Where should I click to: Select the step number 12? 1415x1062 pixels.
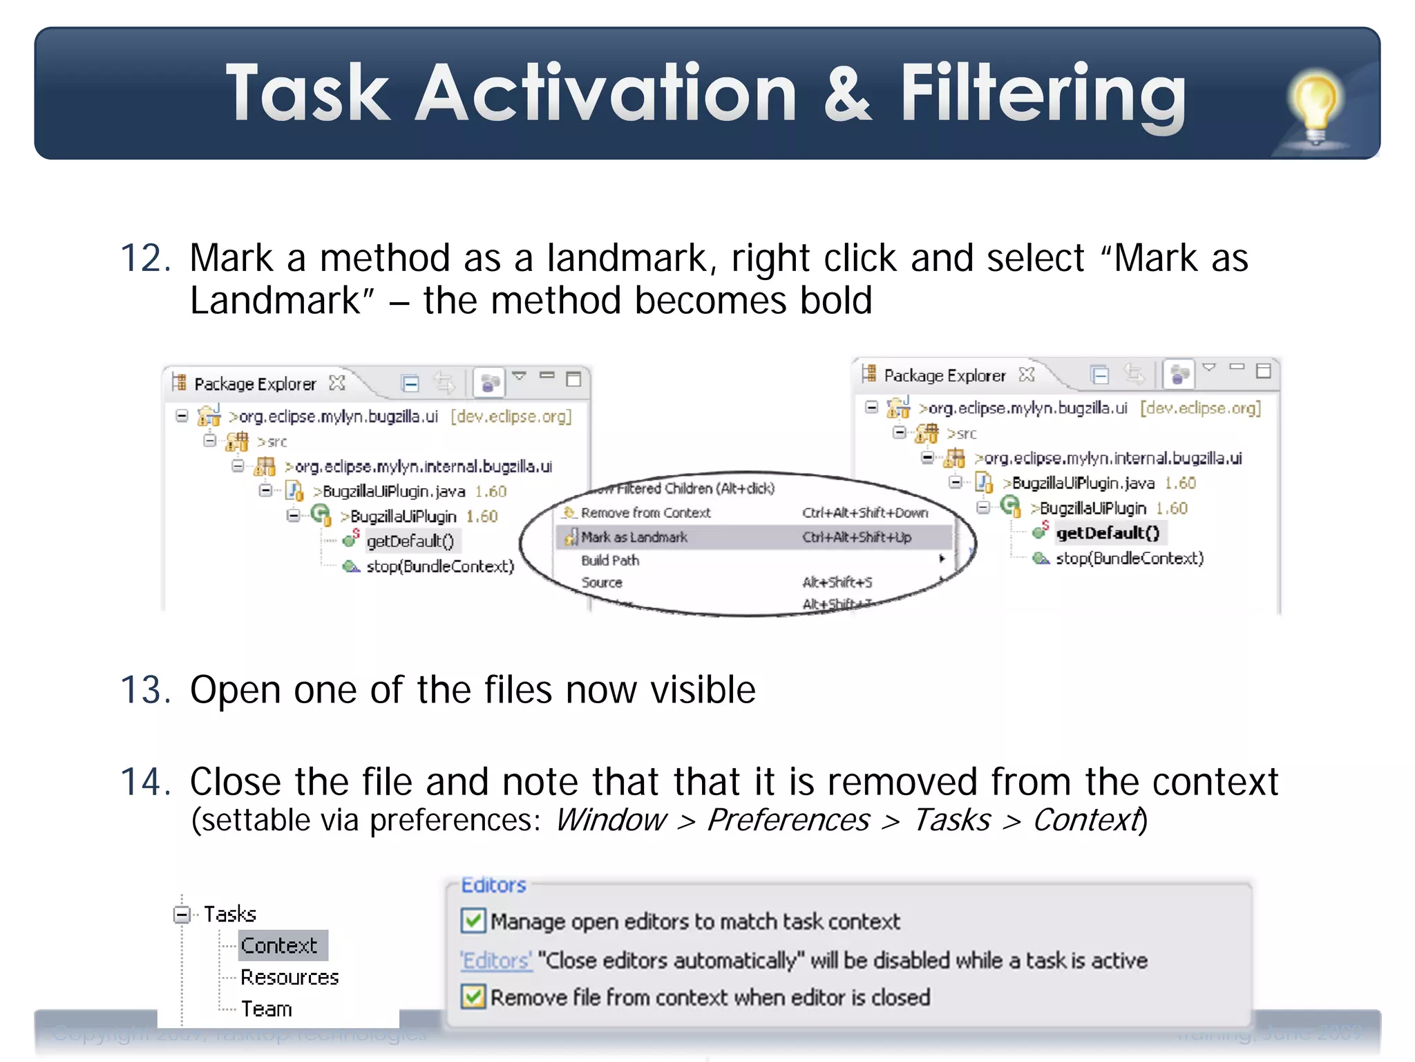point(145,258)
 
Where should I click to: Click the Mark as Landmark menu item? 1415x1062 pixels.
point(634,537)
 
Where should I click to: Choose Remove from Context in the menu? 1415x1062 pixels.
point(645,513)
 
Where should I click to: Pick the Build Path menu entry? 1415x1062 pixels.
point(610,560)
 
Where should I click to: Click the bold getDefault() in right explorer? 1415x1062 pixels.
point(1108,533)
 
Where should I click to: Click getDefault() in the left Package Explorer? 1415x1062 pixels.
point(410,541)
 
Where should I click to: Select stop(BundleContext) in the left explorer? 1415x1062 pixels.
point(440,566)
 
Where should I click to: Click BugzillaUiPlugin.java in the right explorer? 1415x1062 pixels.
point(1083,483)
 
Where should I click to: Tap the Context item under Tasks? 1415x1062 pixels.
point(279,945)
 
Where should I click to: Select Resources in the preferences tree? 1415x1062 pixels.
point(289,977)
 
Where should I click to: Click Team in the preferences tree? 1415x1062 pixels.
point(267,1009)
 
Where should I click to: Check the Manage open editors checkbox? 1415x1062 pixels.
point(473,921)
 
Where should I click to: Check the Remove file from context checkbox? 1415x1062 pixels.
point(473,997)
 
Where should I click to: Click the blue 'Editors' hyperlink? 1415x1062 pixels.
point(495,960)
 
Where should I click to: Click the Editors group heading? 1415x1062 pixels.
point(493,885)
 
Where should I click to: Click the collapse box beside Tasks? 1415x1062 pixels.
point(182,915)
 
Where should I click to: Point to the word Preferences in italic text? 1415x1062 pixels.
point(788,821)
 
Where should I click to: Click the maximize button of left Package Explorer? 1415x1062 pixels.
point(573,379)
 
